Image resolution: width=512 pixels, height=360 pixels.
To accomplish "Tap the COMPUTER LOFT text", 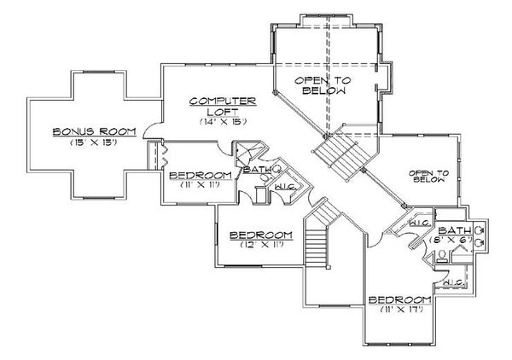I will pos(223,107).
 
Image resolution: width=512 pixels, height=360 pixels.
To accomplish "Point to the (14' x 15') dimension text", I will pos(223,122).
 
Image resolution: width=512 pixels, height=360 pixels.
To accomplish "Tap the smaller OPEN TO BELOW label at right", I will pos(429,176).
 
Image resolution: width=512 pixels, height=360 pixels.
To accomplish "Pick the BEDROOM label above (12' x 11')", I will pos(263,234).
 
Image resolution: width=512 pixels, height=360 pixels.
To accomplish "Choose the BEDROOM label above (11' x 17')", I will pos(399,299).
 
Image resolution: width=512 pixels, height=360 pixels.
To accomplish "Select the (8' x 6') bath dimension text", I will pos(454,241).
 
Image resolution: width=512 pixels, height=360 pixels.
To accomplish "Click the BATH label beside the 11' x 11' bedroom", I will pos(257,170).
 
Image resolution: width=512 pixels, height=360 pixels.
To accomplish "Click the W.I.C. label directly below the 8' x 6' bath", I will pos(453,282).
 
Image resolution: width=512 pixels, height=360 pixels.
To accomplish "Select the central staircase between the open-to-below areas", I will pos(339,154).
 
